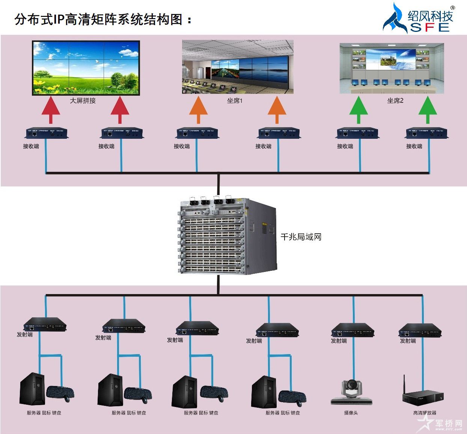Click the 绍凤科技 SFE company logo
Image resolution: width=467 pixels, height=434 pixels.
coord(419,18)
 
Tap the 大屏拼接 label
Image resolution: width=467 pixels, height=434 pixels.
coord(83,101)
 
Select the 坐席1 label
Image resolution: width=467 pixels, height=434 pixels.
coord(235,101)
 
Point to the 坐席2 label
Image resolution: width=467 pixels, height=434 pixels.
coord(395,101)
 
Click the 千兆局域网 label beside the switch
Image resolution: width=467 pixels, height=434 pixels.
coord(301,237)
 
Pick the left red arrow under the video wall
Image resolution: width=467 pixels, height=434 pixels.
coord(51,110)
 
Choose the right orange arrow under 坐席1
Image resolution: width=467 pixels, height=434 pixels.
coord(277,110)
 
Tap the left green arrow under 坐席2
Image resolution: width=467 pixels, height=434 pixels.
coord(359,110)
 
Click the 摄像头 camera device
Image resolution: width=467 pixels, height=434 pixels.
coord(351,392)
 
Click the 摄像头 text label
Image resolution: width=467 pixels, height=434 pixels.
coord(351,413)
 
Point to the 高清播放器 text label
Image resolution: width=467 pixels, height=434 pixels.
coord(425,413)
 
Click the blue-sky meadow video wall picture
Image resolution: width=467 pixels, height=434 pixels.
coord(86,68)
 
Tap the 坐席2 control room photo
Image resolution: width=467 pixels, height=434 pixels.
coord(392,68)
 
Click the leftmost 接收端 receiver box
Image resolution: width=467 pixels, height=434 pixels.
coord(47,133)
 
